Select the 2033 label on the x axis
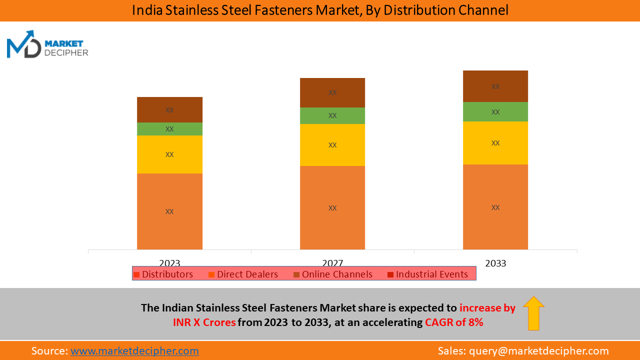click(495, 263)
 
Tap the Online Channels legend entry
click(332, 274)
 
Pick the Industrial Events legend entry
click(427, 274)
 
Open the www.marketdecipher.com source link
click(134, 351)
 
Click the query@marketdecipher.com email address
click(539, 351)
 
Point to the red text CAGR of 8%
click(454, 322)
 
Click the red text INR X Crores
click(204, 322)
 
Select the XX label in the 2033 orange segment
click(495, 207)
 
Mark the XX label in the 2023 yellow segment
click(169, 154)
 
